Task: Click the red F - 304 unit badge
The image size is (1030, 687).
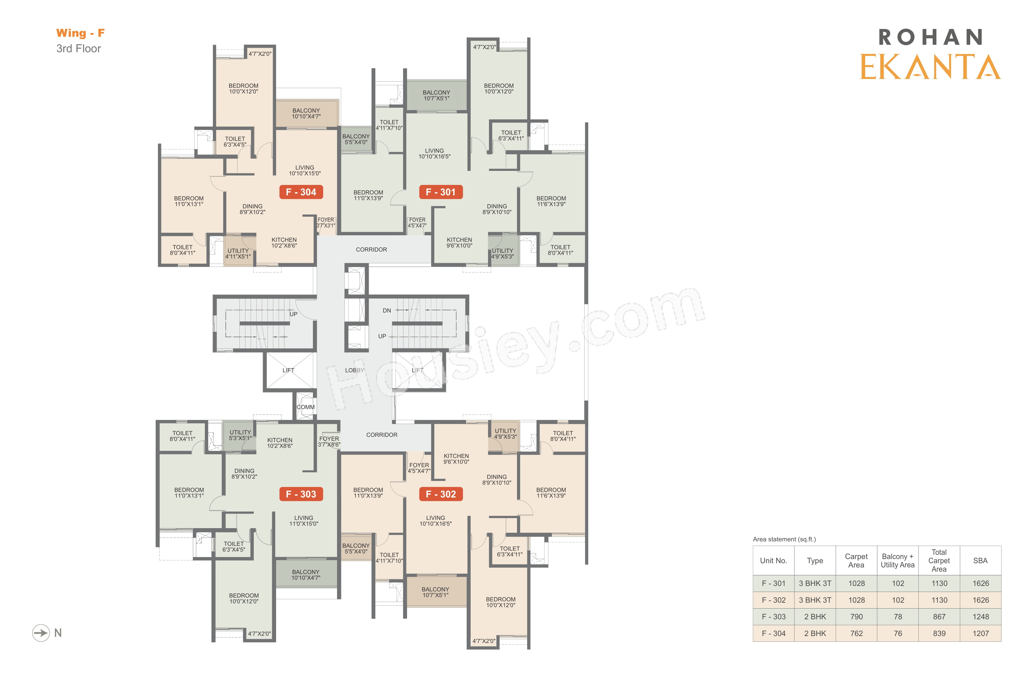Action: click(x=301, y=192)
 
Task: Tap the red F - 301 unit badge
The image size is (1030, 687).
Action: click(x=441, y=192)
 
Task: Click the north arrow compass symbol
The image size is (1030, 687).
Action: click(x=41, y=633)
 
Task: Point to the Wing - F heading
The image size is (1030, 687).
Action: click(x=81, y=33)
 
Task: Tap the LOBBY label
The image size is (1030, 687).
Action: click(x=354, y=370)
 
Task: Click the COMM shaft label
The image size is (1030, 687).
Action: click(x=306, y=407)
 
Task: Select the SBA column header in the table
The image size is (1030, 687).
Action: click(x=981, y=561)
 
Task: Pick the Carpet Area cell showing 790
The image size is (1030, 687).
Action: click(x=857, y=617)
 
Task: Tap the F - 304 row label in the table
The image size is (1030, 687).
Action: click(x=774, y=633)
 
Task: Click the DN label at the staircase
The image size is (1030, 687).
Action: click(x=387, y=311)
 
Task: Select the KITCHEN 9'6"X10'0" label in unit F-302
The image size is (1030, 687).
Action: click(x=456, y=459)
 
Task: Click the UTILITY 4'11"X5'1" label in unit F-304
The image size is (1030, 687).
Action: click(x=238, y=254)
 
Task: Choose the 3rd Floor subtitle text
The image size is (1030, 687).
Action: click(x=79, y=49)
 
